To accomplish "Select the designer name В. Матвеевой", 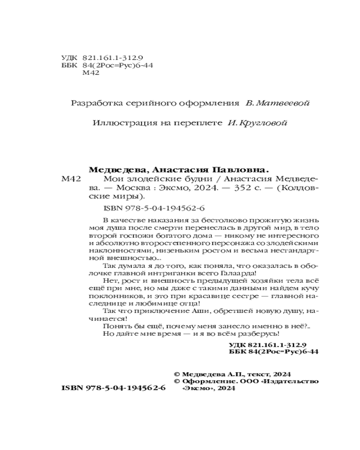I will click(x=277, y=103).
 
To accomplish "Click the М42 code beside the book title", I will click(x=70, y=179).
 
